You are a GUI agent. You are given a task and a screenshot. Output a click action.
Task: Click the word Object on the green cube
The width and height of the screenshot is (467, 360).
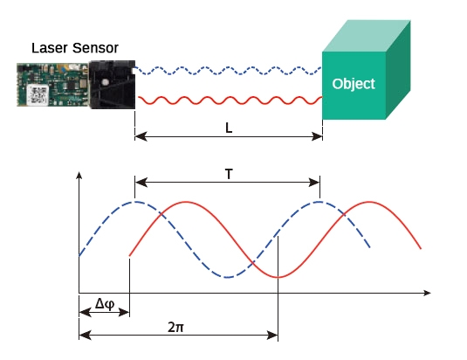pos(354,84)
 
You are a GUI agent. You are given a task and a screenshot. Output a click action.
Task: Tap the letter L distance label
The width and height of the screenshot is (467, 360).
pos(229,128)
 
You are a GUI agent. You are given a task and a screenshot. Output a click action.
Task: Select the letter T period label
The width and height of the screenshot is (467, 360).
pos(228,174)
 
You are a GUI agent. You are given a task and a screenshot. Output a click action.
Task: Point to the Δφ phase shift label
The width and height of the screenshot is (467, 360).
pos(104,303)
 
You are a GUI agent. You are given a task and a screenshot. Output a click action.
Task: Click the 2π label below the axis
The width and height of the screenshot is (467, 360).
pos(177,325)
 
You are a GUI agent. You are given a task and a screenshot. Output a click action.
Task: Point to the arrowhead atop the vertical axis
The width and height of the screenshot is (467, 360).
pos(79,176)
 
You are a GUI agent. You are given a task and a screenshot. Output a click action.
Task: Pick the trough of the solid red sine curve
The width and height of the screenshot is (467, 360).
pos(278,277)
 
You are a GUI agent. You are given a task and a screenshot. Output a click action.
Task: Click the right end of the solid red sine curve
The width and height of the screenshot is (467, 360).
pos(421,249)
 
